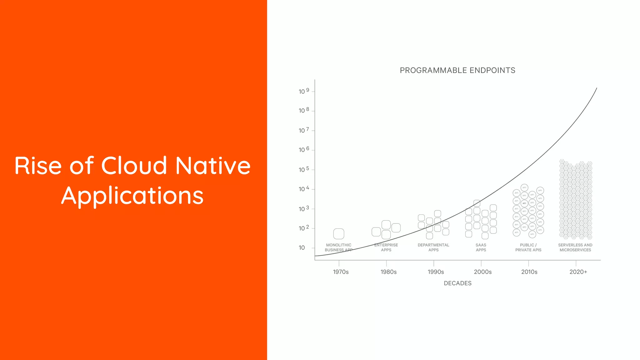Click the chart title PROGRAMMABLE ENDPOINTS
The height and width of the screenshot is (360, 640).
[x=457, y=70]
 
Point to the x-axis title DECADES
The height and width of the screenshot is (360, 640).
[x=457, y=283]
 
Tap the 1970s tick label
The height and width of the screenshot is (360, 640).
[x=341, y=272]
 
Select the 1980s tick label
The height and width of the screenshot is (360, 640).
[x=388, y=272]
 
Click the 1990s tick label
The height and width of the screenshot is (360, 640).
[x=436, y=272]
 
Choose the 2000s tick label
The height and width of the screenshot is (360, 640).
[x=482, y=272]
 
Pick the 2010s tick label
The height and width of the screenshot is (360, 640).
[x=529, y=272]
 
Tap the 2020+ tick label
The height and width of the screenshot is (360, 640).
[x=578, y=272]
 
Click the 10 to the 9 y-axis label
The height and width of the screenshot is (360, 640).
[x=304, y=91]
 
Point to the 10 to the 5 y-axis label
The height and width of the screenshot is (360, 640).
[x=304, y=169]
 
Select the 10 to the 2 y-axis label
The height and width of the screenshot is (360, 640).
[x=304, y=228]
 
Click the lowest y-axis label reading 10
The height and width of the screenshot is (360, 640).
[x=302, y=248]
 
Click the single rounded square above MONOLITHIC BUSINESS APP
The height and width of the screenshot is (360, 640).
[x=339, y=234]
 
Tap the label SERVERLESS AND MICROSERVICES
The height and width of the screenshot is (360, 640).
[x=575, y=247]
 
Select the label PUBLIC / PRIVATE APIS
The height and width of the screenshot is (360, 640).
[x=528, y=247]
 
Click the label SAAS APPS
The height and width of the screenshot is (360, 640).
[x=481, y=247]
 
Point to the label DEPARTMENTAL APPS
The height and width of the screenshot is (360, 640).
[x=433, y=247]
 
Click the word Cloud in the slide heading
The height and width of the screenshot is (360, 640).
[x=134, y=166]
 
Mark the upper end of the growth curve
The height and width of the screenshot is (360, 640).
[x=597, y=88]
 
